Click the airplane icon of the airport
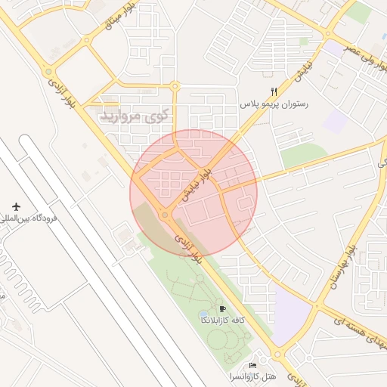click(x=16, y=206)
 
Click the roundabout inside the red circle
click(x=165, y=215)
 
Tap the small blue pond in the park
click(x=203, y=314)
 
